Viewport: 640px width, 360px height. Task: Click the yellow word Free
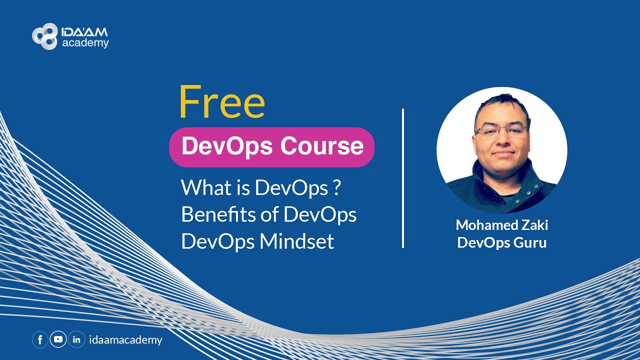[x=222, y=102]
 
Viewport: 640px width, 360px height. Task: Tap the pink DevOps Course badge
[x=271, y=147]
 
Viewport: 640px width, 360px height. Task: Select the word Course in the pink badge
[x=321, y=146]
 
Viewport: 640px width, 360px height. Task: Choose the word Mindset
[x=296, y=241]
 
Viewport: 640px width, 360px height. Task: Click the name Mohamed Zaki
[x=501, y=225]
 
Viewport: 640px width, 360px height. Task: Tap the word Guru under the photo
[x=529, y=243]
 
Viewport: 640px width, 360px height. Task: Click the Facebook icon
[x=40, y=340]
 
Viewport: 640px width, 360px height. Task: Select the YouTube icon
[x=58, y=340]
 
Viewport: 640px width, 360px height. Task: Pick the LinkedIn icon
[x=76, y=340]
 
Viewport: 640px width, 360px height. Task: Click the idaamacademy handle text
[x=125, y=340]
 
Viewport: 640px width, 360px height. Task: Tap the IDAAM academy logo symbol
[x=44, y=36]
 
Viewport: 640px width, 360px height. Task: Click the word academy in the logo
[x=85, y=43]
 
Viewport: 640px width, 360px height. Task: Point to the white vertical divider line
[x=403, y=178]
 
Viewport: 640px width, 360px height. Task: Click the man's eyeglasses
[x=501, y=131]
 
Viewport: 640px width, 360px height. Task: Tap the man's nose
[x=502, y=140]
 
